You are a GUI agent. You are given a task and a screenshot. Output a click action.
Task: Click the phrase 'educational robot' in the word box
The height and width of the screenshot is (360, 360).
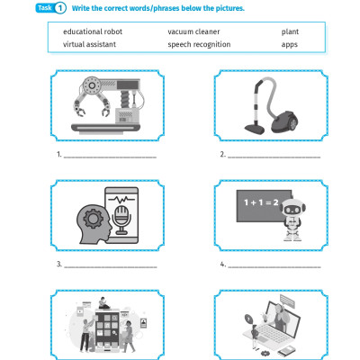pos(93,31)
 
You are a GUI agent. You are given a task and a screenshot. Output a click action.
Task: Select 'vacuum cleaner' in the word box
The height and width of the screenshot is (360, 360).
pos(193,31)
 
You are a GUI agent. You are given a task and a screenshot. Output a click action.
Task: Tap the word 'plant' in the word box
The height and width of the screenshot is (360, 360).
pos(290,31)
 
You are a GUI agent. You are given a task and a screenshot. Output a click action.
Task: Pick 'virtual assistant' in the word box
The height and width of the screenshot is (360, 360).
pos(89,44)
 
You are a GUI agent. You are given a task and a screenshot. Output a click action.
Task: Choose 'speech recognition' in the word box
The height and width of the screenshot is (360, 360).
pos(199,44)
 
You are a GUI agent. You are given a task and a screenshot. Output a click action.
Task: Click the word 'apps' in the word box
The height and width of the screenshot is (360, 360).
pos(290,45)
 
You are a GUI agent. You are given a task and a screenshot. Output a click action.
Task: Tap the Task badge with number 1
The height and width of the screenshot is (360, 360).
pos(50,8)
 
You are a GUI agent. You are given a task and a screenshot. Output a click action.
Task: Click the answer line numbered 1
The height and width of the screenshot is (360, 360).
pos(110,157)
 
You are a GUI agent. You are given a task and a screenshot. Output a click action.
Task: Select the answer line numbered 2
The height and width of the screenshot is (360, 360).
pos(274,157)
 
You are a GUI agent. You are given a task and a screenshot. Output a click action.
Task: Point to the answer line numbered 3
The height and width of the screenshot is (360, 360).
pos(111,266)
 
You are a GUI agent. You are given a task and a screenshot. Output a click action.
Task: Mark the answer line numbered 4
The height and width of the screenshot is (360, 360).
pos(274,266)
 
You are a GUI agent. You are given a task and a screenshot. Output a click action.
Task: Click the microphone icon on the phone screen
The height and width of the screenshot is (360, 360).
pos(121,220)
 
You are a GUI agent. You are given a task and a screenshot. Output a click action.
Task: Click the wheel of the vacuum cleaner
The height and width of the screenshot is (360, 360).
pos(293,123)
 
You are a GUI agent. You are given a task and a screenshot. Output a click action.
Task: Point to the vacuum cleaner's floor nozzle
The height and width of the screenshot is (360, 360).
pos(255,128)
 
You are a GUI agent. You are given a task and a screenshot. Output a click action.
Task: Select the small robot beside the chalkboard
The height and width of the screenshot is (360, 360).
pos(292,220)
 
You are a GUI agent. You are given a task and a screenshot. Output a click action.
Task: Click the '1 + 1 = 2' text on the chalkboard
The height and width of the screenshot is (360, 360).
pos(261,202)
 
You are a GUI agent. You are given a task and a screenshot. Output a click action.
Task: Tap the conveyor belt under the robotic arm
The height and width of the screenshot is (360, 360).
pos(105,129)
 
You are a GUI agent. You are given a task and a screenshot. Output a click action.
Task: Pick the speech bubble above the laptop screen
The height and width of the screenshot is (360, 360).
pos(287,301)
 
